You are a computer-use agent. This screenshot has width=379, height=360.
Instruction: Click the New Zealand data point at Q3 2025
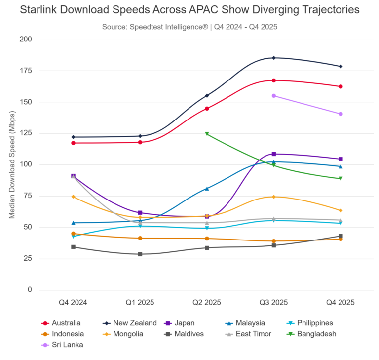coord(273,58)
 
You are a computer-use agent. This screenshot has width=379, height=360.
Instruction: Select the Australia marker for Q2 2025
coord(207,109)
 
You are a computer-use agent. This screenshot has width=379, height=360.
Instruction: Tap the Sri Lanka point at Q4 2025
coord(341,114)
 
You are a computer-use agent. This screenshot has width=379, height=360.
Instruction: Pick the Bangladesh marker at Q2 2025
coord(207,134)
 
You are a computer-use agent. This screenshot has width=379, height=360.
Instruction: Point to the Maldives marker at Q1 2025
coord(140,254)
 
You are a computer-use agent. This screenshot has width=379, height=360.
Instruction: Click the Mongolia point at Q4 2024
coord(73,197)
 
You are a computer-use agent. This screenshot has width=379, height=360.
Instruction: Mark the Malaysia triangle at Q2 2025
coord(207,189)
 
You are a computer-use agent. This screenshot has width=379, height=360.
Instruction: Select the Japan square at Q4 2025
coord(341,159)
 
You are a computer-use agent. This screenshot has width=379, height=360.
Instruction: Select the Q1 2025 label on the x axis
coord(140,302)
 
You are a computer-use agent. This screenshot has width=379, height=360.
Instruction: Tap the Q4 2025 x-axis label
coord(341,302)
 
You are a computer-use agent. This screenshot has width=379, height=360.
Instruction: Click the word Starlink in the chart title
coord(39,10)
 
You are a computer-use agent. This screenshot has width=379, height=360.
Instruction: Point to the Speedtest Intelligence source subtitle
coord(189,27)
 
